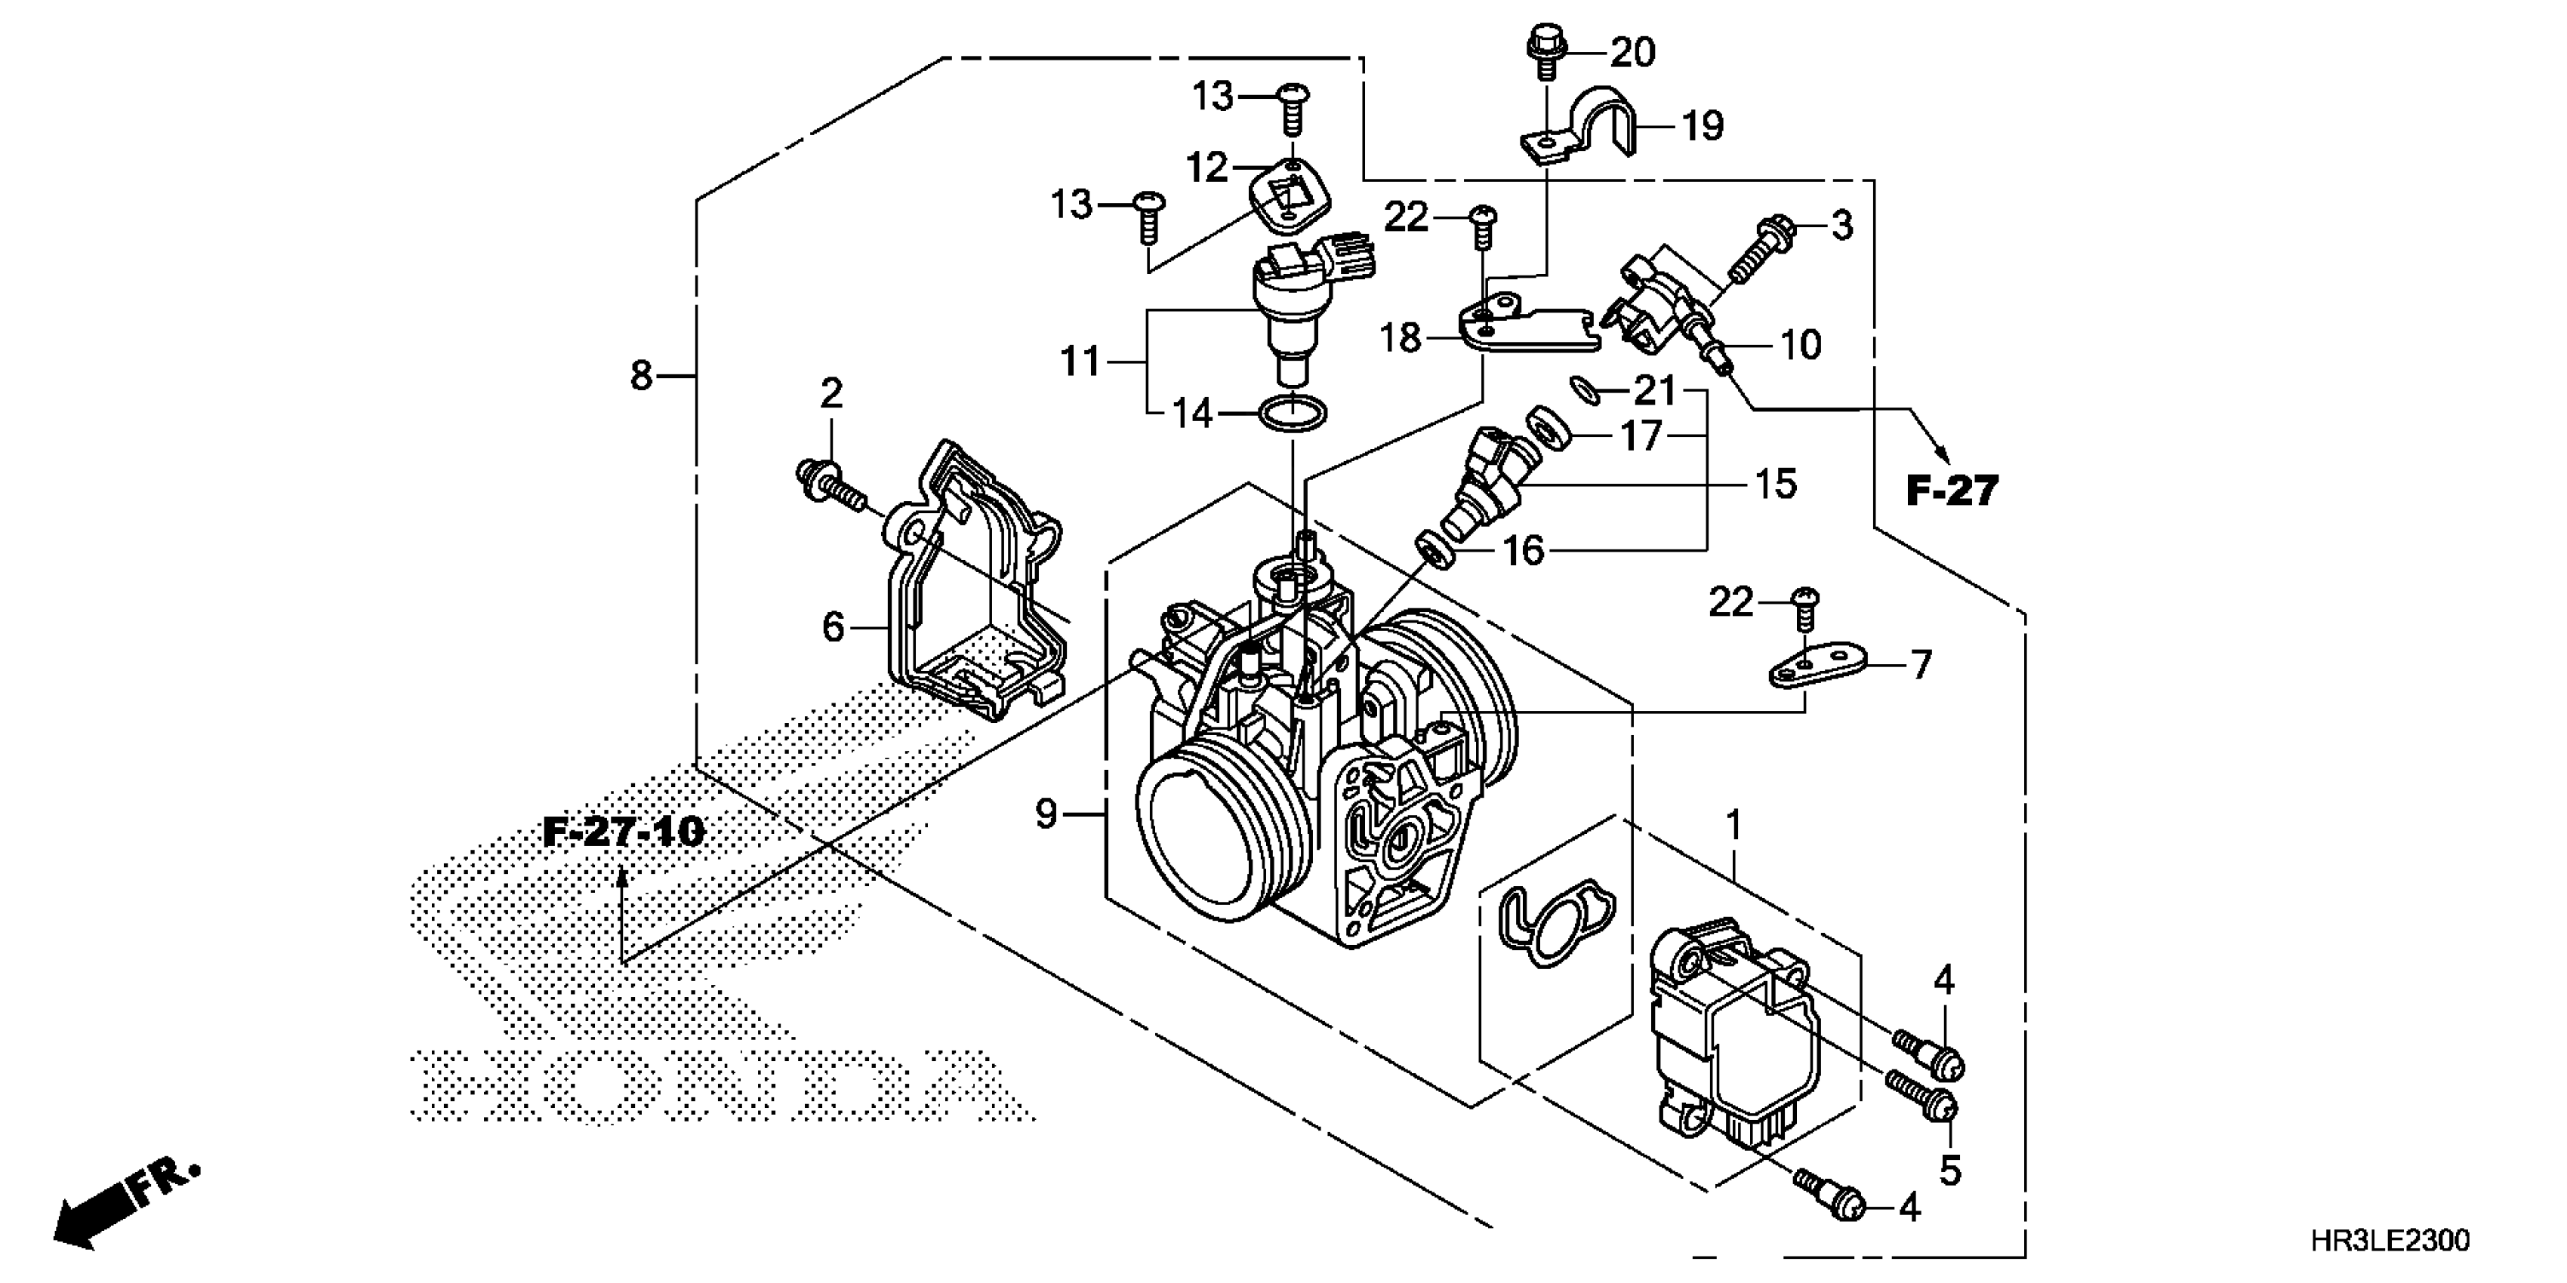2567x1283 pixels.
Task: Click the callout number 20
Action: coord(1632,52)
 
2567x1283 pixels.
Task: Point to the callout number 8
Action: coord(641,377)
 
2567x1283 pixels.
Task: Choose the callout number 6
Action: coord(833,628)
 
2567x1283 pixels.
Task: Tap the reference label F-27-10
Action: coord(624,831)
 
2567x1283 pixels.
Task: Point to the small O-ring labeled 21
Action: coord(1585,390)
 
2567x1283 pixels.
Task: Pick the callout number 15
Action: coord(1776,484)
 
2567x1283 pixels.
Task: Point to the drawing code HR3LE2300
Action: coord(2389,1240)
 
